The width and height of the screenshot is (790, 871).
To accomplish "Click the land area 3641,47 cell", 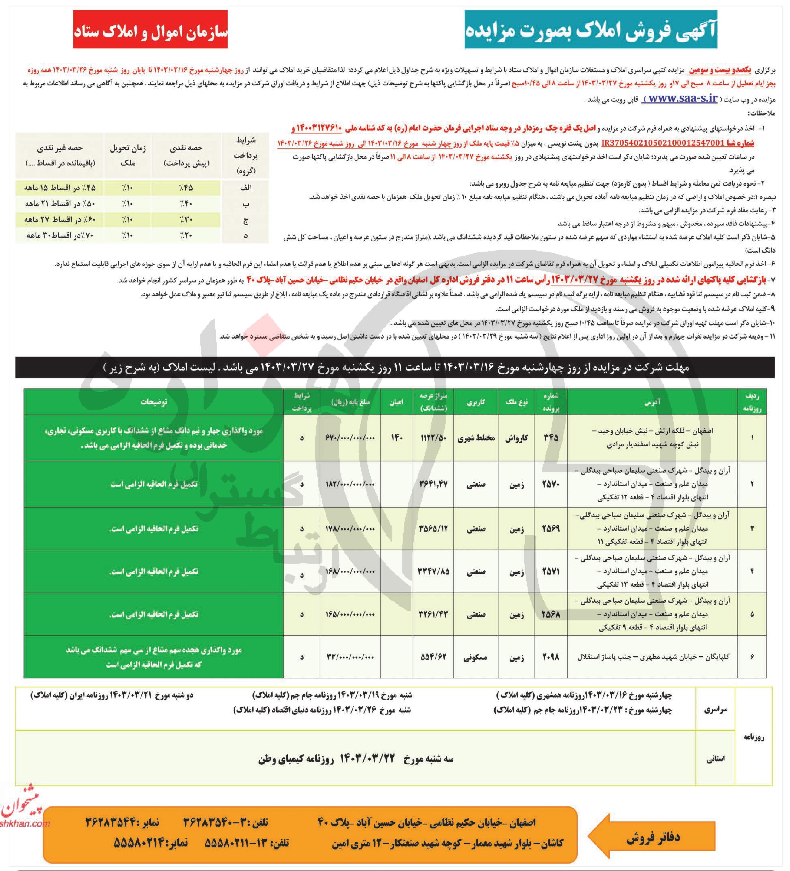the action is coord(433,484).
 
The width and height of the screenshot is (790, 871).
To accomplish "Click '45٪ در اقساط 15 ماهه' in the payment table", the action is coord(60,188).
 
